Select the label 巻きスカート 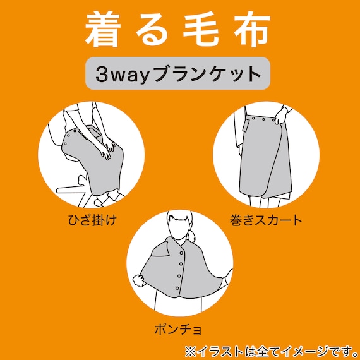[x=266, y=221]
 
